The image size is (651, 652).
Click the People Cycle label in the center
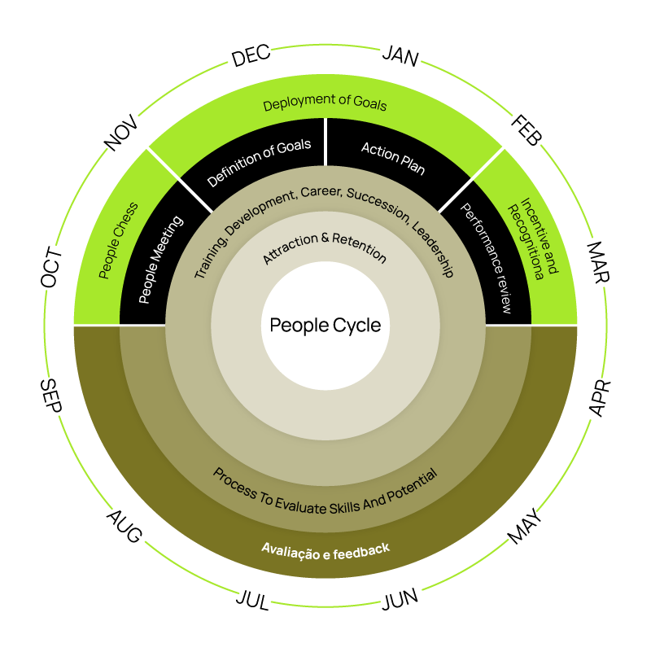pyautogui.click(x=325, y=326)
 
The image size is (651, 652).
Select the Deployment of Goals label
pyautogui.click(x=325, y=103)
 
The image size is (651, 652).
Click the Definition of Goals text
pyautogui.click(x=259, y=162)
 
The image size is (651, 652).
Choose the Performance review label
pyautogui.click(x=487, y=258)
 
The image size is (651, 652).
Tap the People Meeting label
pyautogui.click(x=161, y=260)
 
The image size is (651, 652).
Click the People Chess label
pyautogui.click(x=118, y=240)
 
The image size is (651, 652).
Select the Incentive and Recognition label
pyautogui.click(x=526, y=238)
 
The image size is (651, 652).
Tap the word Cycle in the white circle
pyautogui.click(x=356, y=326)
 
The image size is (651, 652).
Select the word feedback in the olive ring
pyautogui.click(x=361, y=550)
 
